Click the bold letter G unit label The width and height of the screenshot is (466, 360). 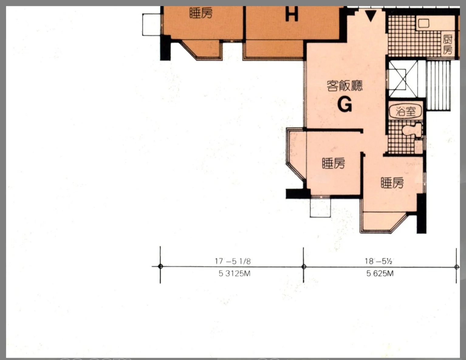pos(344,105)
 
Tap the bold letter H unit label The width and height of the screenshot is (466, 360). pos(292,14)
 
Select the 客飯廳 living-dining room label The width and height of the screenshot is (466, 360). pos(344,86)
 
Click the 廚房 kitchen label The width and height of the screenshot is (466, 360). pos(447,45)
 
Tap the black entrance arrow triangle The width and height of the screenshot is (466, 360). pos(371,16)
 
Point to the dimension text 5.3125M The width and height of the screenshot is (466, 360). pos(235,274)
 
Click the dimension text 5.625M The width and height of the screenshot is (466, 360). pos(380,274)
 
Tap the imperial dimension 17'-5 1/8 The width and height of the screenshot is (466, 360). pos(233,261)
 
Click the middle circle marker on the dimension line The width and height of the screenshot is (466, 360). pos(304,267)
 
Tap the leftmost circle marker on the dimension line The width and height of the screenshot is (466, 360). pos(160,266)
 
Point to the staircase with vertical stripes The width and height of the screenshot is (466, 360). pos(438,86)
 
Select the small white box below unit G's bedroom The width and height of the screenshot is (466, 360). pos(320,207)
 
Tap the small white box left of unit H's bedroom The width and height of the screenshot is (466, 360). pos(151,25)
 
